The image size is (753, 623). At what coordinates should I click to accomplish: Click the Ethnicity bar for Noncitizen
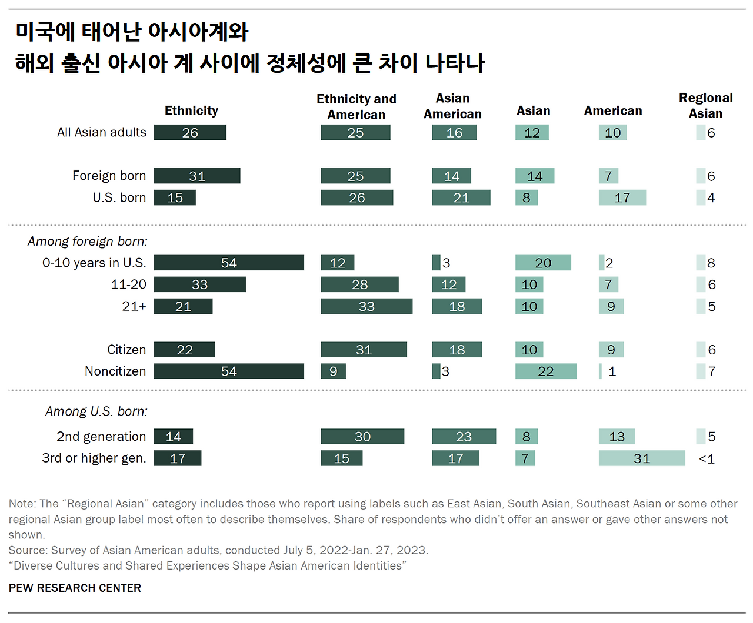[229, 371]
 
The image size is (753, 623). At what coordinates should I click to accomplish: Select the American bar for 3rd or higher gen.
[642, 458]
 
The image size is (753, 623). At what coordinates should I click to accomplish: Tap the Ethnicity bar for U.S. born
[175, 198]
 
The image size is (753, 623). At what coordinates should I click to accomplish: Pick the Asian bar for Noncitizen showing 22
[545, 371]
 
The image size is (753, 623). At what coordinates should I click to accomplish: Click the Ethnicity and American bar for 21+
[366, 306]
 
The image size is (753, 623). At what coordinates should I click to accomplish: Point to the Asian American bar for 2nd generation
[464, 437]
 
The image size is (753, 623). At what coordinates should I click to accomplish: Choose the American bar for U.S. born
[622, 198]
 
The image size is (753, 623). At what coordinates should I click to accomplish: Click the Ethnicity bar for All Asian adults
[190, 133]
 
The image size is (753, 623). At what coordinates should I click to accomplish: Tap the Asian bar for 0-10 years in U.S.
[542, 263]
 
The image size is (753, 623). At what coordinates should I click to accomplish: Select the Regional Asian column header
[705, 106]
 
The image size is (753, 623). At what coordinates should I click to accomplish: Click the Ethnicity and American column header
[356, 107]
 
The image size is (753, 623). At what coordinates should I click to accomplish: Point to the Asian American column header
[452, 106]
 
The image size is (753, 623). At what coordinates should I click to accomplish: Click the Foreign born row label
[109, 176]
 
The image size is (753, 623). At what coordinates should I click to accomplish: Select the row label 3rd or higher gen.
[94, 458]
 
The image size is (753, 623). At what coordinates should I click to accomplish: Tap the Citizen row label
[126, 350]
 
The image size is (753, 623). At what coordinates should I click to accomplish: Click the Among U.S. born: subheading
[96, 411]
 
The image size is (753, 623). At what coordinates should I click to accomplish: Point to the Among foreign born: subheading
[88, 242]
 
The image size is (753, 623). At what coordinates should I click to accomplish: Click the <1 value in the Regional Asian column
[707, 459]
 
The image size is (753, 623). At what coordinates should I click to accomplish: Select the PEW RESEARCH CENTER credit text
[75, 588]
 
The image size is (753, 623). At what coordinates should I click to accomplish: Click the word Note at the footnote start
[21, 504]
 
